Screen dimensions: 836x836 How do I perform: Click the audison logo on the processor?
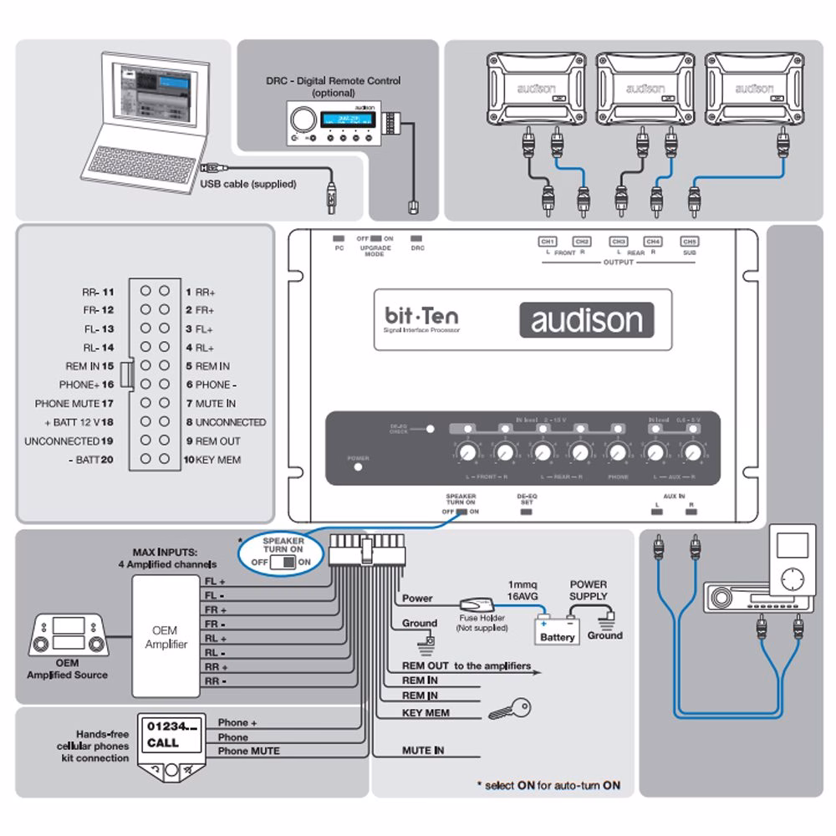tap(586, 320)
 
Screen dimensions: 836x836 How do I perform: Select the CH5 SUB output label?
tap(689, 245)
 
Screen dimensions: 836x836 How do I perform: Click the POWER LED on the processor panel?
tap(359, 466)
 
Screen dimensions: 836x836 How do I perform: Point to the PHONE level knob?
tap(618, 453)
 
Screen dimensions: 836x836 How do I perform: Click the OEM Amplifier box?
tap(166, 637)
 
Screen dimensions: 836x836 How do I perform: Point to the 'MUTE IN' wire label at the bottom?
tap(423, 751)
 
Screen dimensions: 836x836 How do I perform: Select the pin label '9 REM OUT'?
tap(212, 441)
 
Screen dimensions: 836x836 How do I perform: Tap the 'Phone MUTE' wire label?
tap(248, 751)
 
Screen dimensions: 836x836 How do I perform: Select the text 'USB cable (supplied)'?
tap(248, 184)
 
